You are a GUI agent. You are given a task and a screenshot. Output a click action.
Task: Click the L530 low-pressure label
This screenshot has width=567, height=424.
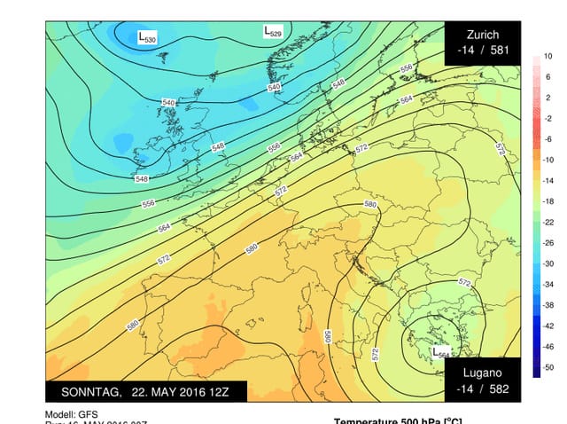point(147,37)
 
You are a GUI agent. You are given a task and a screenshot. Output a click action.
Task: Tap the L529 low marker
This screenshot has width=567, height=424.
point(273,31)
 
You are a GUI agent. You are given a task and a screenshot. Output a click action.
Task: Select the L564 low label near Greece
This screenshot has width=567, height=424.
point(440,352)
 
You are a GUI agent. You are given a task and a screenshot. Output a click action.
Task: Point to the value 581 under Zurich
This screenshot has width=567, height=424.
point(500,51)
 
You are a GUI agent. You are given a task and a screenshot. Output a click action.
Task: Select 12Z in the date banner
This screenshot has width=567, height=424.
point(217,391)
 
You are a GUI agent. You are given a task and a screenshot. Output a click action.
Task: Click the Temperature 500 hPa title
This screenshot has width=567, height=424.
point(397,420)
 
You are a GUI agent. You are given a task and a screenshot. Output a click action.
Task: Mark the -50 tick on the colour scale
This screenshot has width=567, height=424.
point(548,367)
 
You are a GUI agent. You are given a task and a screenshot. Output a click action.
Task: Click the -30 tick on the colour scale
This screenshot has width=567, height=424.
point(548,264)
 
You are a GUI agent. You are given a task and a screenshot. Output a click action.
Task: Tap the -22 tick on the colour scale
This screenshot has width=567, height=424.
point(548,222)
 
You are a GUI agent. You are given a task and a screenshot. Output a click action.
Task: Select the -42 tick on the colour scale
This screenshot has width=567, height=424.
point(548,326)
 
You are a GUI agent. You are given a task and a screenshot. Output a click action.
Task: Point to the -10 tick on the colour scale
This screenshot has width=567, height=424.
point(548,160)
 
